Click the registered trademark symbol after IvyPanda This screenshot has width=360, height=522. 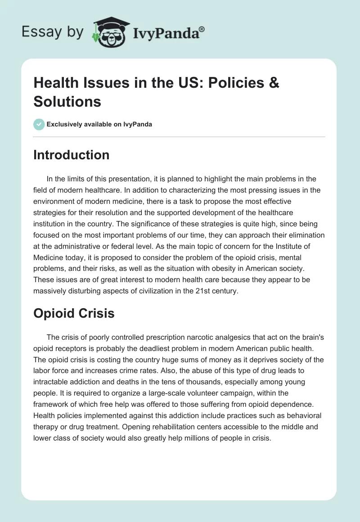[202, 29]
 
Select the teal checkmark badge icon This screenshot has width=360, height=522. [39, 124]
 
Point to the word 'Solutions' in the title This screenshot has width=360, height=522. [67, 102]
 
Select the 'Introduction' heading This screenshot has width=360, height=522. [71, 155]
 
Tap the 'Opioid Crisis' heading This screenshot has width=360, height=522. [74, 313]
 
